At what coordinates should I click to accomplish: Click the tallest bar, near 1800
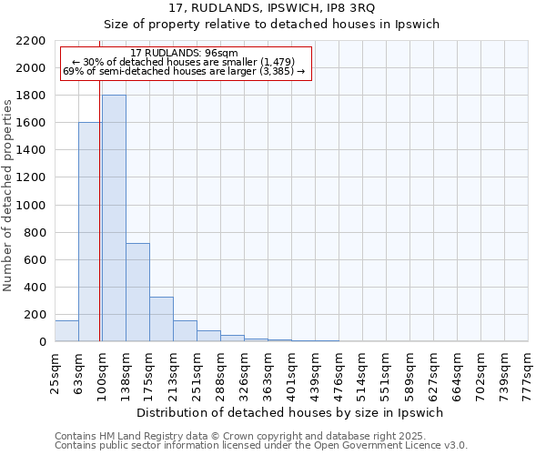pyautogui.click(x=114, y=218)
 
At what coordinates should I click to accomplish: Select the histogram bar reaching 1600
pyautogui.click(x=90, y=232)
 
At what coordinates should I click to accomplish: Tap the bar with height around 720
pyautogui.click(x=137, y=292)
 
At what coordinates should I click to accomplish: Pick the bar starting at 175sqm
pyautogui.click(x=161, y=319)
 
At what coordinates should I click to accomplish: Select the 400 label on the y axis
pyautogui.click(x=36, y=288)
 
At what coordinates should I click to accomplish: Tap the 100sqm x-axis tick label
pyautogui.click(x=103, y=373)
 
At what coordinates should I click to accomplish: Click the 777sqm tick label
pyautogui.click(x=529, y=373)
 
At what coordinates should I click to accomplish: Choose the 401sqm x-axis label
pyautogui.click(x=292, y=373)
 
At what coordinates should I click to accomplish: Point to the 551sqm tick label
pyautogui.click(x=387, y=373)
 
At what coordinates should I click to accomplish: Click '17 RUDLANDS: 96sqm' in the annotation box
pyautogui.click(x=185, y=54)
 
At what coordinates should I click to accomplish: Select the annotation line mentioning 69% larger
pyautogui.click(x=185, y=72)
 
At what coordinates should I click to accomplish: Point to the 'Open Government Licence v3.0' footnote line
pyautogui.click(x=261, y=446)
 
